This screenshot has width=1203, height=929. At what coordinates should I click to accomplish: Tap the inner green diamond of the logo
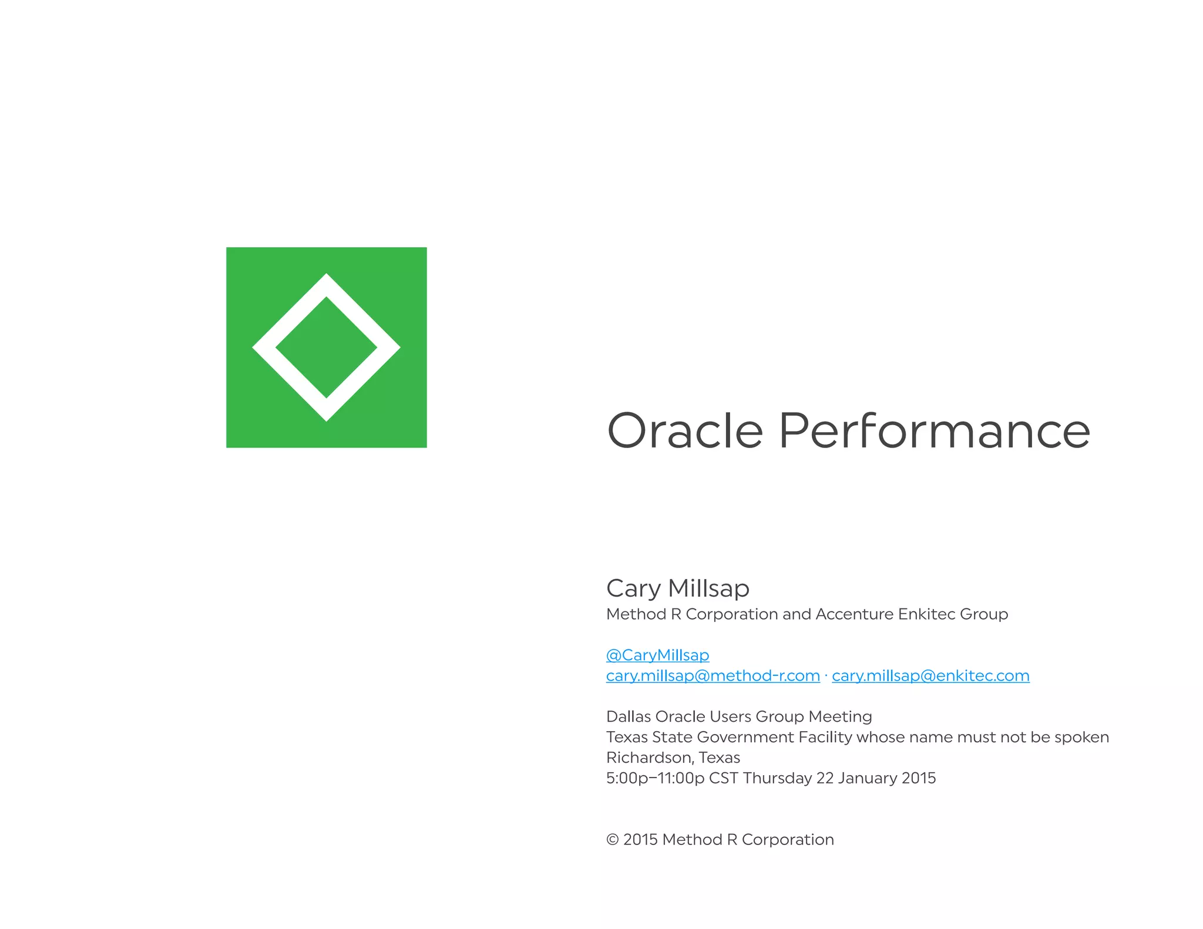pyautogui.click(x=326, y=348)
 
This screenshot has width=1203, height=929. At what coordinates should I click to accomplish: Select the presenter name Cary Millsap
pyautogui.click(x=677, y=588)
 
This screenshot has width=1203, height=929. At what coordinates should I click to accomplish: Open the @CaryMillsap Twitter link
pyautogui.click(x=657, y=655)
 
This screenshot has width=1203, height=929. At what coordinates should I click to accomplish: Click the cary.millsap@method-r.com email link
pyautogui.click(x=713, y=676)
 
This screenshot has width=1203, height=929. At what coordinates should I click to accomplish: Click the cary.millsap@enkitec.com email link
pyautogui.click(x=930, y=676)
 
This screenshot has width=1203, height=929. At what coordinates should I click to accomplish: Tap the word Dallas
pyautogui.click(x=628, y=716)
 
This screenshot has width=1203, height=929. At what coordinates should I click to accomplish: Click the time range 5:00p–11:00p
pyautogui.click(x=655, y=778)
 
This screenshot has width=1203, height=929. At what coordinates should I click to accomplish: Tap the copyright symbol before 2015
pyautogui.click(x=612, y=840)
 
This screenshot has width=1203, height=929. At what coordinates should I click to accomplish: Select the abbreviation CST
pyautogui.click(x=723, y=778)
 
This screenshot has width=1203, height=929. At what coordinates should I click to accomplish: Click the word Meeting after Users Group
pyautogui.click(x=840, y=717)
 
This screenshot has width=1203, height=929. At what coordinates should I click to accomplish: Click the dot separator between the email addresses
pyautogui.click(x=826, y=676)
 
